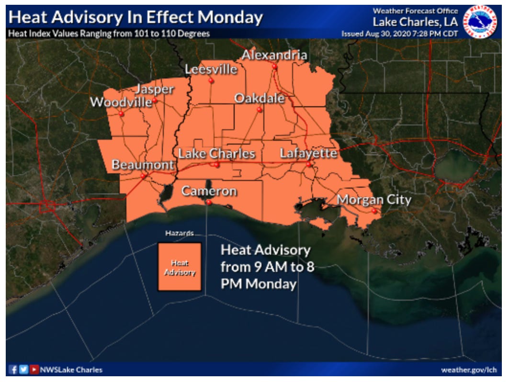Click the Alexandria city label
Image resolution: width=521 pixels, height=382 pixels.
tap(274, 55)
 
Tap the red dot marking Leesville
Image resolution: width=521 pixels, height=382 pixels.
tap(211, 81)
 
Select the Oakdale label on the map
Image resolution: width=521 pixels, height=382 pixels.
tap(259, 98)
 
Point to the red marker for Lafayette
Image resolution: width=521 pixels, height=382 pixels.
tap(309, 165)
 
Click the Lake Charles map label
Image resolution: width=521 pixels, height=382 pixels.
tap(216, 154)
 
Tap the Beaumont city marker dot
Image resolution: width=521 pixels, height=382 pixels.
tap(143, 176)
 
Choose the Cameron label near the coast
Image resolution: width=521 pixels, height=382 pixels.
tap(209, 191)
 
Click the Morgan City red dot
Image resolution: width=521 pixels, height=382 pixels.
tap(374, 211)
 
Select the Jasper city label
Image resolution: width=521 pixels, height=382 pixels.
tap(154, 89)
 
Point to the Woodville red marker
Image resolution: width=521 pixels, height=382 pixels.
tap(122, 114)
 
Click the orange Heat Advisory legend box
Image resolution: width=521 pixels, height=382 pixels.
tap(180, 267)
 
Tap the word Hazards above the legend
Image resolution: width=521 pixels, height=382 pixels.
tap(179, 234)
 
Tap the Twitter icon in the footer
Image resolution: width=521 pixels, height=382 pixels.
tap(23, 370)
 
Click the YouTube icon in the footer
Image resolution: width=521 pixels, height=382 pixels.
tap(34, 370)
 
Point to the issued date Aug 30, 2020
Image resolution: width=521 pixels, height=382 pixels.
tap(383, 34)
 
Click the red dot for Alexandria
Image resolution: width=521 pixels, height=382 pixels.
tap(275, 67)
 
